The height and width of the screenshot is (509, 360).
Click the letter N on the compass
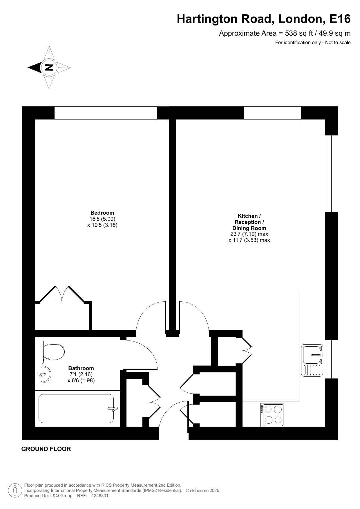click(49, 68)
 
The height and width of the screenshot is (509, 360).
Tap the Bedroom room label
click(102, 213)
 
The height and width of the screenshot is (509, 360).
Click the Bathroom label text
click(81, 368)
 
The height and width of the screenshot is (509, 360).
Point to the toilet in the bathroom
click(53, 352)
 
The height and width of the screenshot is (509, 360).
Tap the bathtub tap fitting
click(113, 409)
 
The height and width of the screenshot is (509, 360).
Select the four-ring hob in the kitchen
click(272, 415)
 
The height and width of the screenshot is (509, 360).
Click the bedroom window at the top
click(106, 113)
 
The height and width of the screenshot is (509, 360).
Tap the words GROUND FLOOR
click(46, 449)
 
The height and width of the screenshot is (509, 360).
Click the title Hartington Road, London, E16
click(264, 19)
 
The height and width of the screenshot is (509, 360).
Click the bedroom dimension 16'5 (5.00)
click(102, 219)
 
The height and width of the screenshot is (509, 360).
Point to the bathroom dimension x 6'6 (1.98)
click(81, 381)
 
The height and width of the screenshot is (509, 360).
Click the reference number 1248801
click(100, 496)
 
